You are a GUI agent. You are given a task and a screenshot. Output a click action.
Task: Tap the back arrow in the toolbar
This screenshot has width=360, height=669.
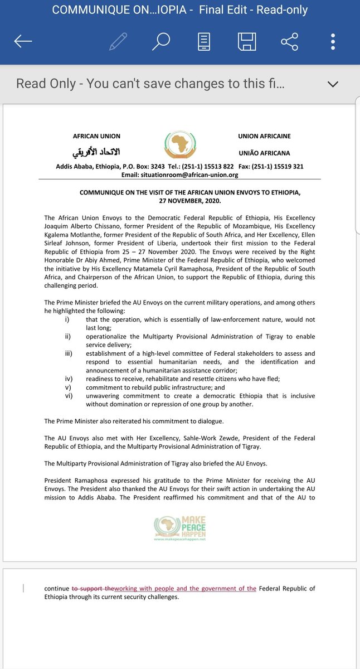click(x=23, y=42)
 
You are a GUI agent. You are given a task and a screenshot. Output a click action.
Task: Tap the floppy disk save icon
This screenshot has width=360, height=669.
click(x=247, y=42)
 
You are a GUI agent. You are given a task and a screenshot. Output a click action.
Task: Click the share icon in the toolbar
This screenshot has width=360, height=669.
click(x=289, y=42)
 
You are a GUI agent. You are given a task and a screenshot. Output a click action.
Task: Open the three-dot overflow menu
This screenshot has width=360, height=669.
click(x=333, y=42)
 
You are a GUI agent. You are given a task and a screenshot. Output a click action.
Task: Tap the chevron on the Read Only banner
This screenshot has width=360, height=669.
click(x=333, y=84)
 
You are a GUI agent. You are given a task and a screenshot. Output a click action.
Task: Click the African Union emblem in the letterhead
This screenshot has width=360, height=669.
click(x=179, y=145)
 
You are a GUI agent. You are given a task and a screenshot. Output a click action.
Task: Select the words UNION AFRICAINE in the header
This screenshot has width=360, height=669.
click(x=264, y=136)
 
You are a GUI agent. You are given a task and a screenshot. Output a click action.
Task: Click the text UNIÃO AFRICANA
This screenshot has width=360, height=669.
click(x=264, y=153)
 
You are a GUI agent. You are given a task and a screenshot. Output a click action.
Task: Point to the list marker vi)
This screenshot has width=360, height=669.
click(x=69, y=396)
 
